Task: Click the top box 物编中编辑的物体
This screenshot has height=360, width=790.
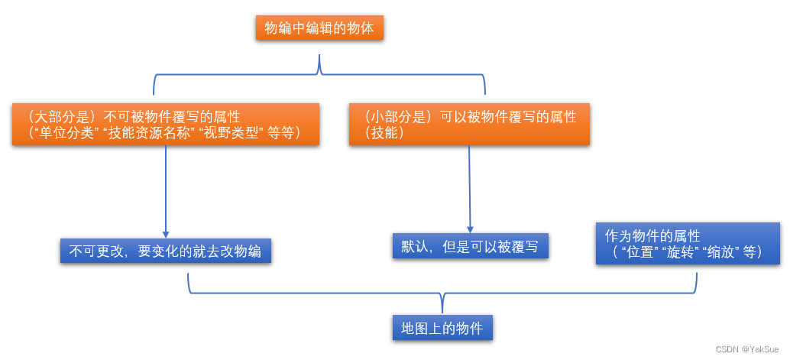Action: pyautogui.click(x=319, y=29)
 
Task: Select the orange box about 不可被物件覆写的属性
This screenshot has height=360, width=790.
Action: pyautogui.click(x=166, y=125)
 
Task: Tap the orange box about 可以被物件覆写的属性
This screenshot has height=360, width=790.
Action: pyautogui.click(x=471, y=125)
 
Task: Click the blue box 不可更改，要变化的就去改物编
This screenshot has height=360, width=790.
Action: pyautogui.click(x=166, y=251)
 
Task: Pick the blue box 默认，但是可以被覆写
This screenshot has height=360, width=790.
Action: pyautogui.click(x=470, y=246)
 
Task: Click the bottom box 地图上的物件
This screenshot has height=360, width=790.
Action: pyautogui.click(x=442, y=328)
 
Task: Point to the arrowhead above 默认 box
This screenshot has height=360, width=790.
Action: pyautogui.click(x=470, y=228)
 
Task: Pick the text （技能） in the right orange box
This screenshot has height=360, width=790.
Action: pyautogui.click(x=384, y=133)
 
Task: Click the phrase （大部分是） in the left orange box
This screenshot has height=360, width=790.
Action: pyautogui.click(x=51, y=117)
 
